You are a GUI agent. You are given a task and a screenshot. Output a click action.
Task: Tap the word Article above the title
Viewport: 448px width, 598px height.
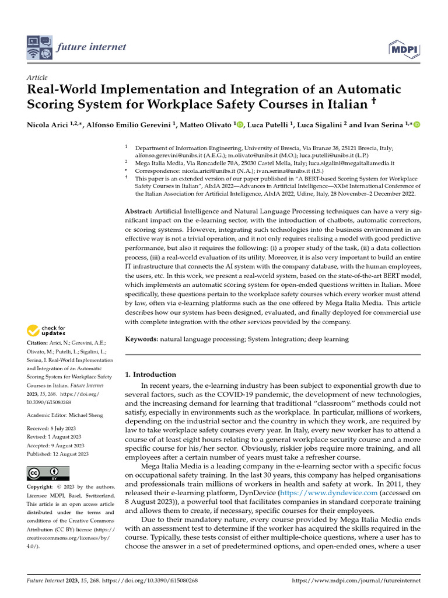37,77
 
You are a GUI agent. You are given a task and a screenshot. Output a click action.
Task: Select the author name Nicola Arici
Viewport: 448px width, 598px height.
48,125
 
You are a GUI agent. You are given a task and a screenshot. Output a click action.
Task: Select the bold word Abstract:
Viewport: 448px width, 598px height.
139,210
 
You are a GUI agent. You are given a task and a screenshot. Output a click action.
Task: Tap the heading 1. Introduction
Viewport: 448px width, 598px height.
151,374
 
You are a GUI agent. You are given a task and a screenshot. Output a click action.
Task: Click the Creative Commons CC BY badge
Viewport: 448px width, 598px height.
48,473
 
